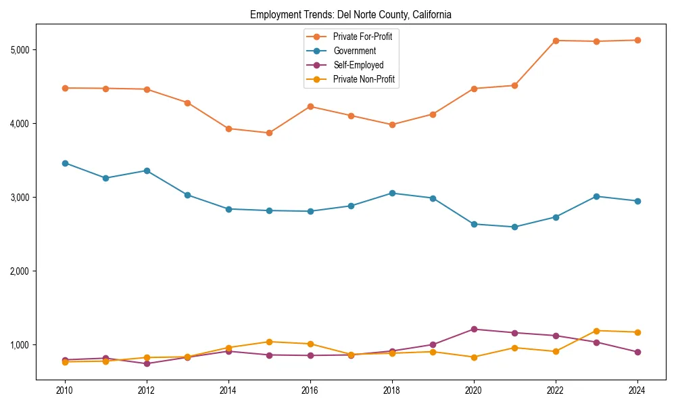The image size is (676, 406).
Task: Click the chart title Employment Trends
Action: (350, 14)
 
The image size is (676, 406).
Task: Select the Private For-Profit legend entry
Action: (362, 37)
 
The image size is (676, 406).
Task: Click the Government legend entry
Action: (354, 51)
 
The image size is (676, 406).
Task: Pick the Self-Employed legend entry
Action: (358, 66)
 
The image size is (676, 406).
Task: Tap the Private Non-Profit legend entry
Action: (364, 80)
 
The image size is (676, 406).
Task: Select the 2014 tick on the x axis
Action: (228, 390)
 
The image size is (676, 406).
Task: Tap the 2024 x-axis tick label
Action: (637, 390)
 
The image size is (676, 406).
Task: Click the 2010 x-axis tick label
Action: (65, 390)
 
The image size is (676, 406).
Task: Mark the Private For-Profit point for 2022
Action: (556, 41)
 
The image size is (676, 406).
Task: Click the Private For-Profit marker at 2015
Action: (269, 133)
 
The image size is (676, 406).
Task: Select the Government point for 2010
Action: (65, 163)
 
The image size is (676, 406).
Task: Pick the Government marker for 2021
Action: (514, 227)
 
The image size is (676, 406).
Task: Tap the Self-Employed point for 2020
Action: (474, 330)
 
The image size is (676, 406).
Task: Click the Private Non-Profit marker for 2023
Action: (596, 331)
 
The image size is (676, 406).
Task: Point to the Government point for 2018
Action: (392, 193)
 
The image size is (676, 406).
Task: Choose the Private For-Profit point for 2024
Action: (637, 40)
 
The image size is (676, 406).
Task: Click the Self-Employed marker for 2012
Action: (147, 363)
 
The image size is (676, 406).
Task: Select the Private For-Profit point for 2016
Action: (310, 106)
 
